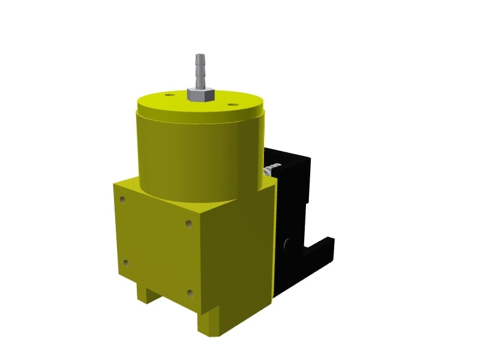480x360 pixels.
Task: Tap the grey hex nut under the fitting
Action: pyautogui.click(x=198, y=94)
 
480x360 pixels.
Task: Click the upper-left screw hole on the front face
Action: pyautogui.click(x=123, y=199)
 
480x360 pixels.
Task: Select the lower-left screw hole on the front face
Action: pyautogui.click(x=125, y=262)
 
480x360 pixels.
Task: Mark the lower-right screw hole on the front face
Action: pyautogui.click(x=190, y=293)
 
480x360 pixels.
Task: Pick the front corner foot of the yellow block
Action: pyautogui.click(x=210, y=324)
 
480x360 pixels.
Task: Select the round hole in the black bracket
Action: pyautogui.click(x=286, y=242)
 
